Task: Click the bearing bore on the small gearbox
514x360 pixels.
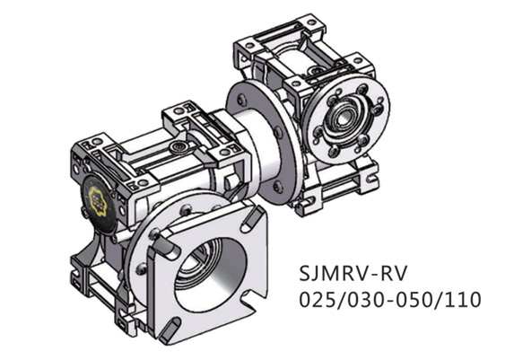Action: click(344, 116)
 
